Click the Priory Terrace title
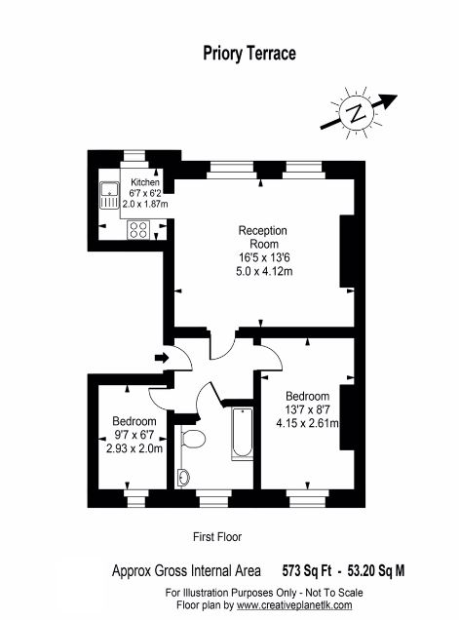coord(249,54)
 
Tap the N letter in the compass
coord(357,113)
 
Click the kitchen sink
coord(109,195)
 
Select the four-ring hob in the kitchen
coord(138,230)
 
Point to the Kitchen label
coord(145,182)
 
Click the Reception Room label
coord(263,237)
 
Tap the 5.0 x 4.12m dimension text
coord(264,272)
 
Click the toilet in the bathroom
coord(193,439)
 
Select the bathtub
coord(242,434)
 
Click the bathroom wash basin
coord(184,478)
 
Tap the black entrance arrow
coord(162,358)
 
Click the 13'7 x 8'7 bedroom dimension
coord(308,409)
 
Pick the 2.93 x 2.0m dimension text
coord(134,448)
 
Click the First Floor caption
coord(217,537)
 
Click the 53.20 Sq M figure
coord(376,570)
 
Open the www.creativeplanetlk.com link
coord(294,605)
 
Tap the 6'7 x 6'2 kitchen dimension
coord(145,193)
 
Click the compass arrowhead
coord(388,100)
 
